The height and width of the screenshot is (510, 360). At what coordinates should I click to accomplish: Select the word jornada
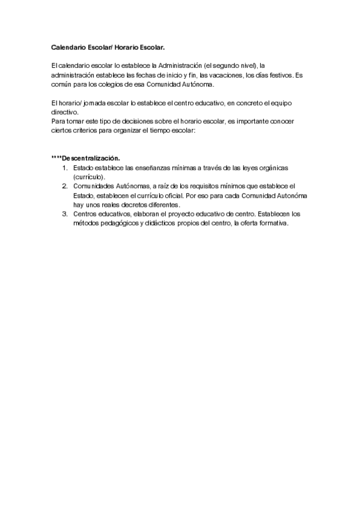point(99,105)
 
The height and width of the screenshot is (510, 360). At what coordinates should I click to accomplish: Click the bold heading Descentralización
point(91,158)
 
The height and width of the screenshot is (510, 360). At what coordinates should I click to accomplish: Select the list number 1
point(64,168)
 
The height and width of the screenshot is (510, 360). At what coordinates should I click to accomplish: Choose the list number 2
point(64,186)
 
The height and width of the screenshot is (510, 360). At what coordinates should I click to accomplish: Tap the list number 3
point(64,214)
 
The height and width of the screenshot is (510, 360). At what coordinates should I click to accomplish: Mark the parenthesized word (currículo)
point(89,177)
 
